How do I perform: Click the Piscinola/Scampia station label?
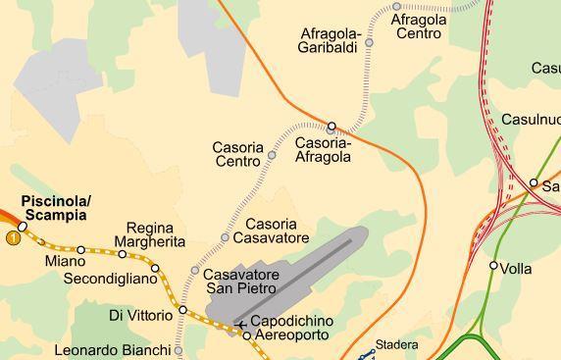pyautogui.click(x=56, y=209)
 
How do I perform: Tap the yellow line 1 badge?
pyautogui.click(x=14, y=236)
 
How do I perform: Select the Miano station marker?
pyautogui.click(x=80, y=250)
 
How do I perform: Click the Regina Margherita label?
pyautogui.click(x=149, y=234)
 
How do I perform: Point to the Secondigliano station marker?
pyautogui.click(x=155, y=268)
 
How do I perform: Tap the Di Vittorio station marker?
pyautogui.click(x=182, y=310)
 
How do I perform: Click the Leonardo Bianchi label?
pyautogui.click(x=113, y=350)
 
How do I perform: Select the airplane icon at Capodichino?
pyautogui.click(x=240, y=324)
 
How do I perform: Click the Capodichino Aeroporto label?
pyautogui.click(x=291, y=329)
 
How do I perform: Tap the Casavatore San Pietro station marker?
pyautogui.click(x=195, y=270)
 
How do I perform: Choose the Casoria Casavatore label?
pyautogui.click(x=277, y=231)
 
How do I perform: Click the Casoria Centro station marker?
pyautogui.click(x=272, y=155)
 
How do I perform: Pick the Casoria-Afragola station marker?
pyautogui.click(x=331, y=127)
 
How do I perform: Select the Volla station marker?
pyautogui.click(x=493, y=265)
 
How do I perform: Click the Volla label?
pyautogui.click(x=516, y=268)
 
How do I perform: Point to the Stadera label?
pyautogui.click(x=396, y=345)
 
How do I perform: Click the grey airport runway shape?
pyautogui.click(x=294, y=275)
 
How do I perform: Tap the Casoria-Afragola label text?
pyautogui.click(x=323, y=149)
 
